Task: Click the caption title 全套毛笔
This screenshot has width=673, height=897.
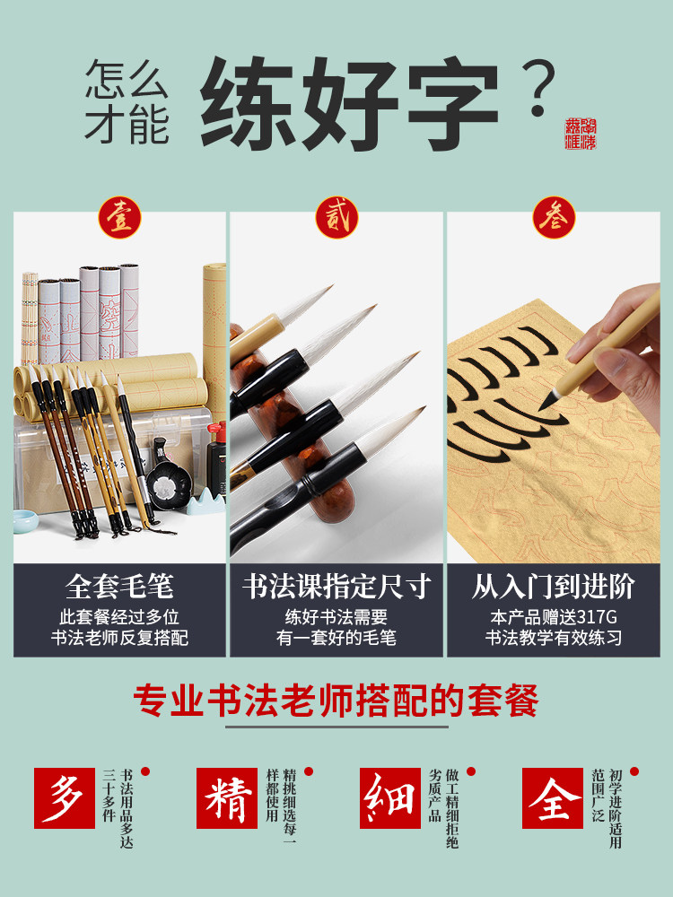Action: pos(119,587)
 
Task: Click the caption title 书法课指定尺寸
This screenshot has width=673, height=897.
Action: pos(336,587)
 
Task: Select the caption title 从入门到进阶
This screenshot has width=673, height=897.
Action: pos(553,587)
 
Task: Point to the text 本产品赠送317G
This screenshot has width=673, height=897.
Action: pos(553,617)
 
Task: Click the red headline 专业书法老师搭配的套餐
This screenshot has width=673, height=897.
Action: pos(336,700)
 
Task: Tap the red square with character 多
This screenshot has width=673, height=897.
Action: pos(64,797)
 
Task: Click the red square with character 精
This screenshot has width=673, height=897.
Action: pos(226,797)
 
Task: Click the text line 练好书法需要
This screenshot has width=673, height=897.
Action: pos(336,617)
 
